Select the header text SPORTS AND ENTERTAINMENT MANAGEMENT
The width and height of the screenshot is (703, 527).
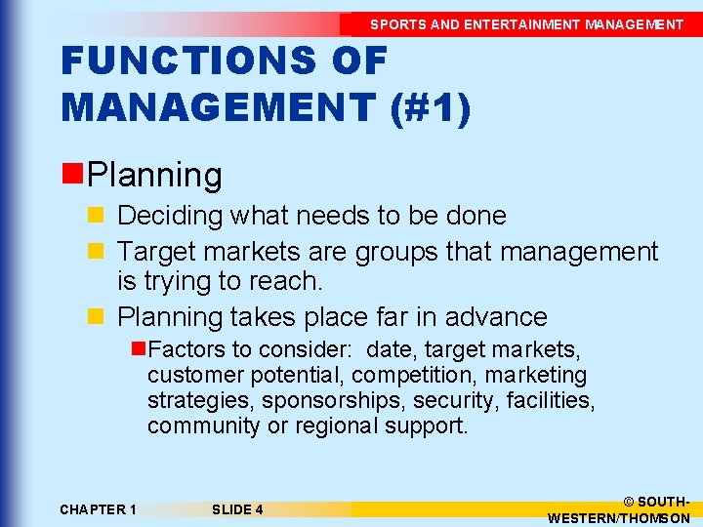526,24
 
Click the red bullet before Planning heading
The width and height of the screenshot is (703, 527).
72,175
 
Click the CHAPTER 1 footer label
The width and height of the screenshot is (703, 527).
98,509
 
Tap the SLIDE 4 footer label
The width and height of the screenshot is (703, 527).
236,509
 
